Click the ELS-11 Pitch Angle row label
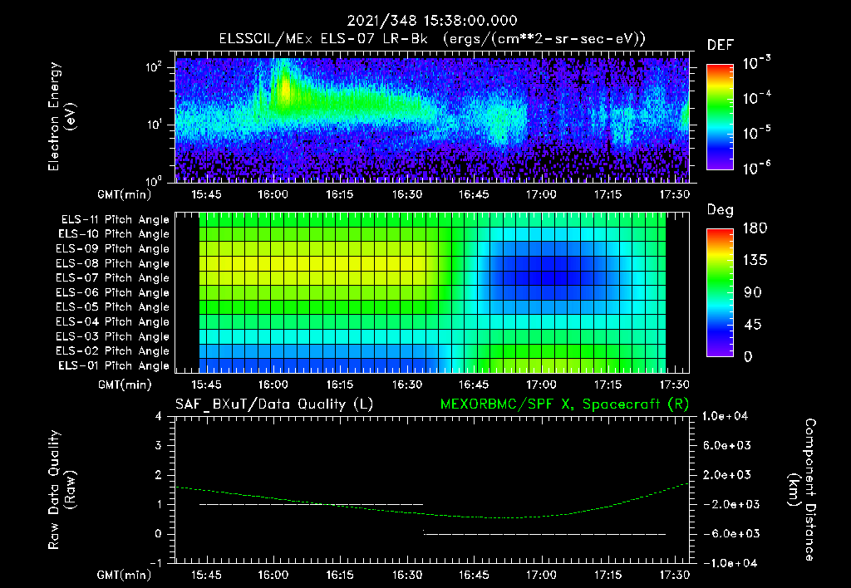coord(113,219)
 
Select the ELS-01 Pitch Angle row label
coord(113,365)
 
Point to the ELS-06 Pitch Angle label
coord(113,292)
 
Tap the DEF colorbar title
coord(720,45)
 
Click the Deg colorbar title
coord(720,210)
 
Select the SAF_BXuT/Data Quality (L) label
coord(273,404)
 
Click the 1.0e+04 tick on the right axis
coord(726,416)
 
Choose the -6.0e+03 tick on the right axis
coord(726,533)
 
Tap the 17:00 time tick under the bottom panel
coord(541,575)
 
